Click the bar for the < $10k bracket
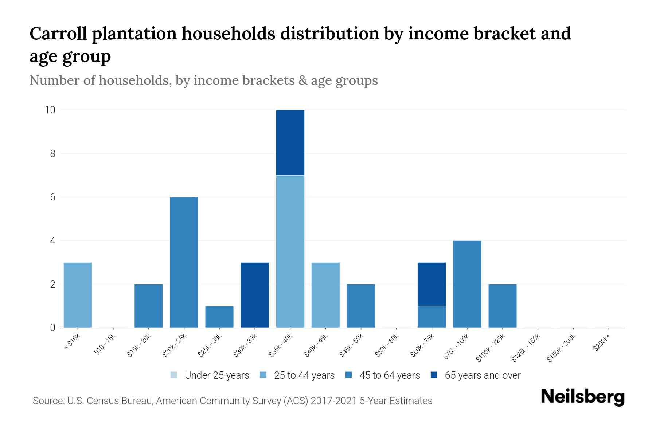pos(78,295)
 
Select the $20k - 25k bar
pos(184,262)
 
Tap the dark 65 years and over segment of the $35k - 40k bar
pos(290,142)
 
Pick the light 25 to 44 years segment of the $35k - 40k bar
pos(290,251)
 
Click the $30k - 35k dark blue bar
pos(255,295)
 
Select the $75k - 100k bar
pos(467,284)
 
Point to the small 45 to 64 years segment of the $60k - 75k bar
pos(432,317)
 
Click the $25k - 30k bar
pos(219,317)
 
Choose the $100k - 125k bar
pos(502,306)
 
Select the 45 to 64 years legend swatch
pos(349,375)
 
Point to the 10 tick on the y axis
pos(50,110)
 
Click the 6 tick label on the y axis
pos(52,197)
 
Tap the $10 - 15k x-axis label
pos(105,345)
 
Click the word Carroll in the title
pos(58,34)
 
